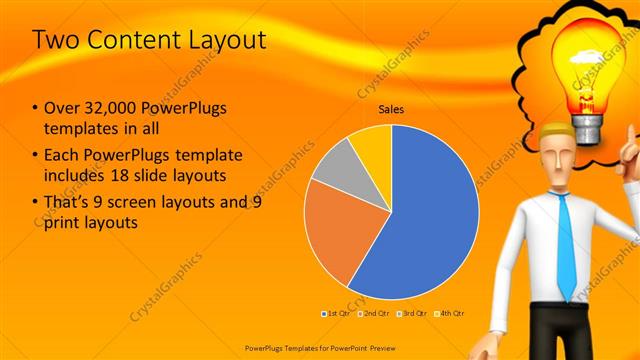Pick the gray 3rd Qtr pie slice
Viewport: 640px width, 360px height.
pyautogui.click(x=336, y=165)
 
